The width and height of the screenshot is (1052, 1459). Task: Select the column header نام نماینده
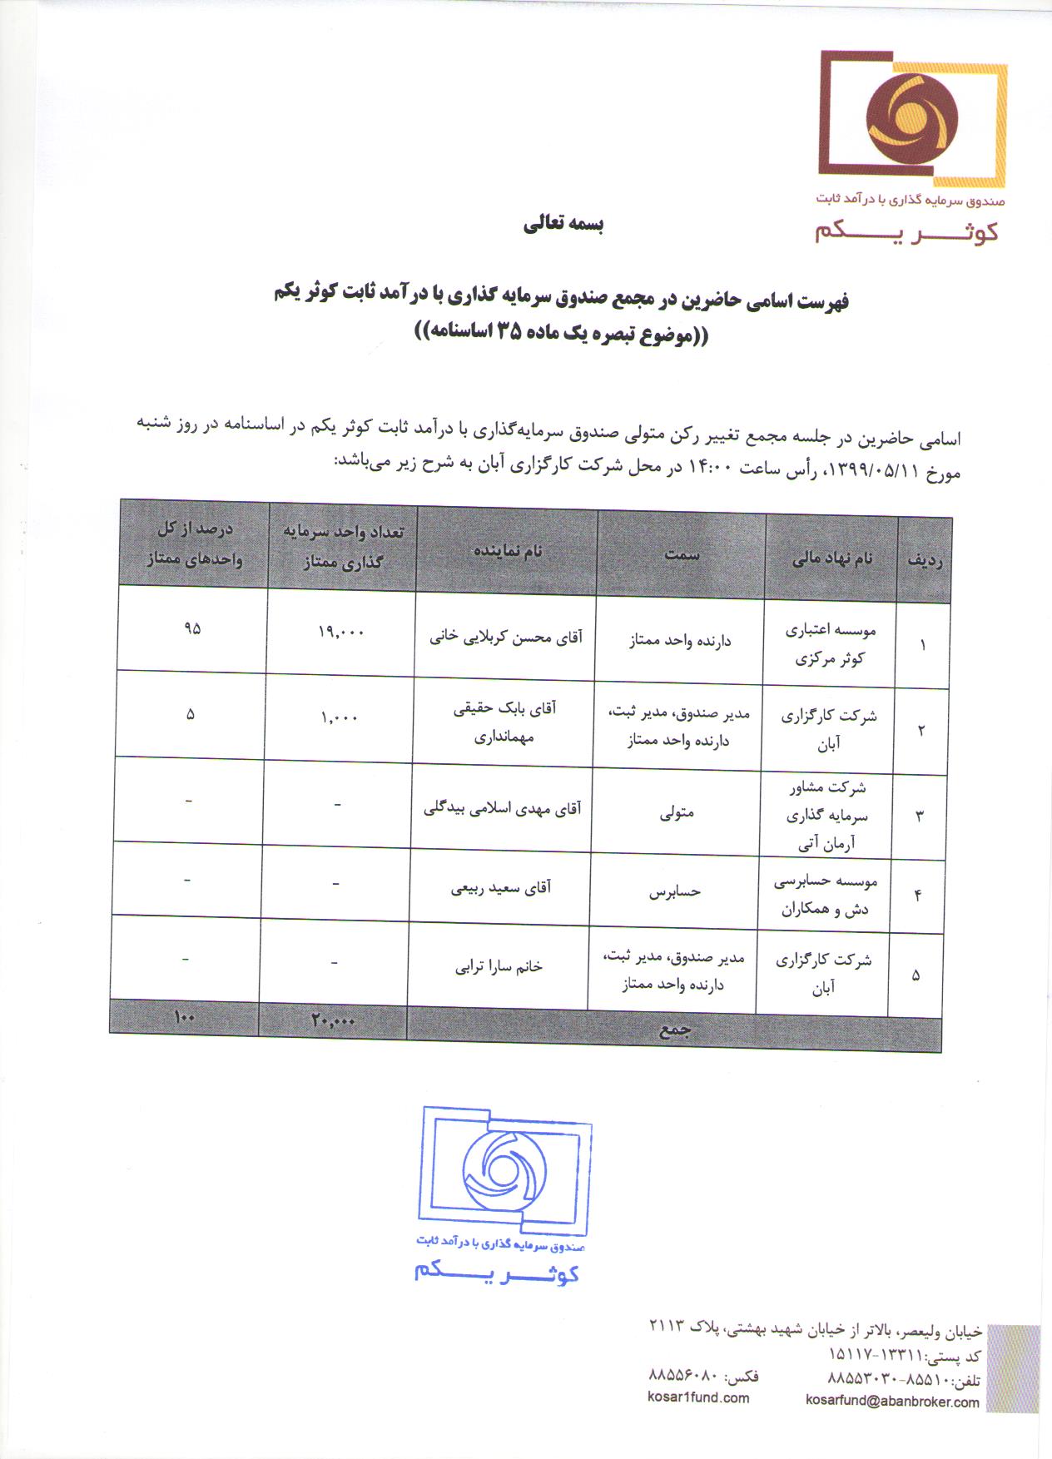[508, 552]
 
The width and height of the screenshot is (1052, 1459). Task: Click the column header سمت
[682, 555]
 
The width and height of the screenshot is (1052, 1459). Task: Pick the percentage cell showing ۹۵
[192, 629]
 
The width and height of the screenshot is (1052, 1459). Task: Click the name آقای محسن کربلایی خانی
[506, 638]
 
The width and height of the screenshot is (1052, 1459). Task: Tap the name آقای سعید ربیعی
[501, 888]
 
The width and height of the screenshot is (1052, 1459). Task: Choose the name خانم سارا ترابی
[499, 966]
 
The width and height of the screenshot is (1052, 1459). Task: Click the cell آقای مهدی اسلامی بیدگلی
[503, 808]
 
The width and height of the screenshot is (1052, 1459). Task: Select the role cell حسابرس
[675, 891]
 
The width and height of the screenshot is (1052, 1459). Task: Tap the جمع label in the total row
[675, 1030]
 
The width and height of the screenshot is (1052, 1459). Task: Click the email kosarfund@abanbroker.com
[892, 1402]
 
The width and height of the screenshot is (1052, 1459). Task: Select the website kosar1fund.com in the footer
[698, 1398]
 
